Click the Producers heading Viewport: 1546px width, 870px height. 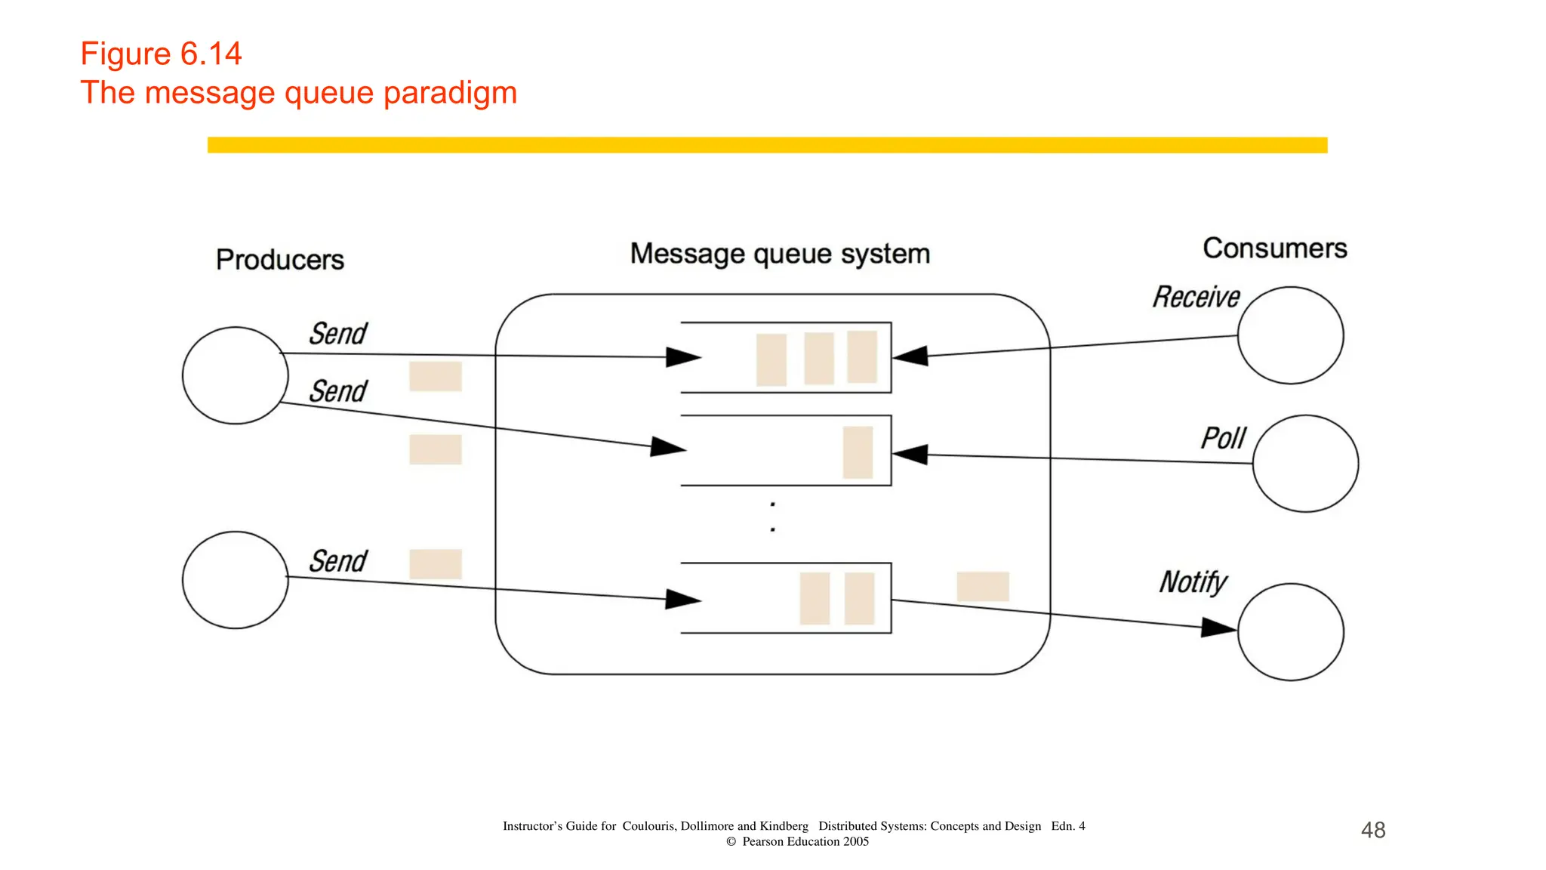tap(279, 260)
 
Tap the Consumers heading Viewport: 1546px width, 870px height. tap(1274, 248)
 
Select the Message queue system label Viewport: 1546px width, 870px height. tap(780, 254)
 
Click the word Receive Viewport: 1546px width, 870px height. tap(1196, 297)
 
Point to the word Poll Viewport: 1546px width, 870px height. tap(1223, 438)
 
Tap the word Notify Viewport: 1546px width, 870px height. tap(1193, 582)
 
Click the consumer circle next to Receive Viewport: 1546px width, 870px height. tap(1290, 335)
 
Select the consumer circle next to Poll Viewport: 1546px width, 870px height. tap(1305, 463)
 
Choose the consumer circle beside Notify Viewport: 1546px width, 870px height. tap(1290, 631)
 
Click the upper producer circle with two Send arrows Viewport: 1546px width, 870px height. tap(236, 375)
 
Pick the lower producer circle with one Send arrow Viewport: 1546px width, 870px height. tap(236, 579)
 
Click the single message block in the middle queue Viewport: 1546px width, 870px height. tap(858, 452)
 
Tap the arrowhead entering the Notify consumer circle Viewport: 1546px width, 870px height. tap(1218, 627)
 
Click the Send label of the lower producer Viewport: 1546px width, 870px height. tap(337, 561)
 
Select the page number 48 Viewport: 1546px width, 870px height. tap(1372, 830)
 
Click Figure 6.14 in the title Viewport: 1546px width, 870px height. tap(161, 54)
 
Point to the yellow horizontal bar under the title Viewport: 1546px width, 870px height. tap(767, 145)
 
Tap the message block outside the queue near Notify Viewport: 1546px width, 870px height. tap(982, 586)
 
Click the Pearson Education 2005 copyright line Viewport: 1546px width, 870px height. tap(797, 841)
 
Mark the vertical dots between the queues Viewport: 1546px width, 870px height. tap(772, 517)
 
